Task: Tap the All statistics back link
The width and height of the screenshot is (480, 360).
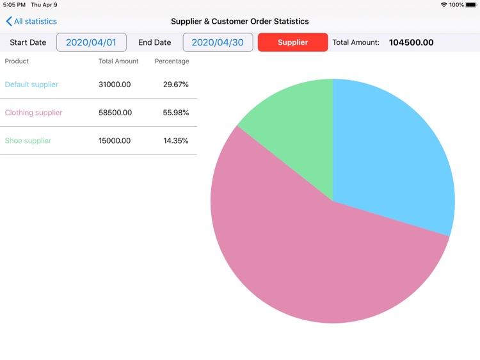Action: (31, 21)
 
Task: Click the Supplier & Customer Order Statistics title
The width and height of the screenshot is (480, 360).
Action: (240, 21)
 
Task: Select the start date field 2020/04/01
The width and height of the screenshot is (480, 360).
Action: (91, 42)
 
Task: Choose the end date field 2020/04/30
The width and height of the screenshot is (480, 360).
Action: (218, 42)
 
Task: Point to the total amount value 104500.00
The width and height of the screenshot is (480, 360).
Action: (411, 42)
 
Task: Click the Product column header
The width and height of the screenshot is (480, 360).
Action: (17, 61)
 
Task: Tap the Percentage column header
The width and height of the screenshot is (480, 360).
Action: (172, 61)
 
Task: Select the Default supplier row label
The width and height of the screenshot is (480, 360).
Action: (31, 85)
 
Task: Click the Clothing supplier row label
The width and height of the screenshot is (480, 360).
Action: (33, 113)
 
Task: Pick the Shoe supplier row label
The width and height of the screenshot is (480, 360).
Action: (28, 141)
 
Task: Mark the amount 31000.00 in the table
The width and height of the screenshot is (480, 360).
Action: (115, 85)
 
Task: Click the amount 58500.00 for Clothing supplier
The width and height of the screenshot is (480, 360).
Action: (115, 113)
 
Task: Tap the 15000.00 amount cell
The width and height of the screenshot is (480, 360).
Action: (115, 141)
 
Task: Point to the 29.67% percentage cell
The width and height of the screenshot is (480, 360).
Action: (175, 85)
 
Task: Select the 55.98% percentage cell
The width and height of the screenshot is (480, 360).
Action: (175, 113)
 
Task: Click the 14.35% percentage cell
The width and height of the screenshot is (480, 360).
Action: (175, 141)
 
